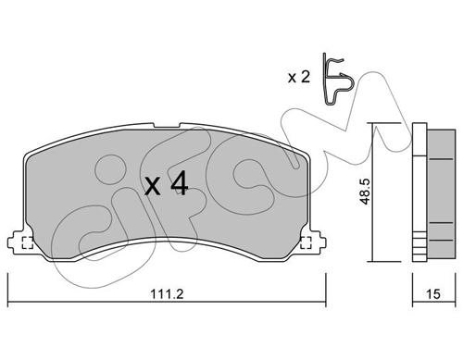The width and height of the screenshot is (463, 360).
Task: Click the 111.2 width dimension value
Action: click(167, 294)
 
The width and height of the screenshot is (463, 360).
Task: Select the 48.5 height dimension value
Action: click(366, 192)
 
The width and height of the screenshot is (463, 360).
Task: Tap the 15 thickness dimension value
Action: click(433, 294)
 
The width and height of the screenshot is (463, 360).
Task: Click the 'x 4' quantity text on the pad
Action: click(167, 184)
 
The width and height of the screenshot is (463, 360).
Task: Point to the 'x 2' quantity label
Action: click(298, 77)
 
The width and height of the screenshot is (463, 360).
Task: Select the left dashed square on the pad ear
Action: click(28, 242)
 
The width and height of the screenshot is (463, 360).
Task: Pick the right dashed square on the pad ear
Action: click(306, 242)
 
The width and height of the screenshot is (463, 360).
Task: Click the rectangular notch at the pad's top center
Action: click(167, 126)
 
